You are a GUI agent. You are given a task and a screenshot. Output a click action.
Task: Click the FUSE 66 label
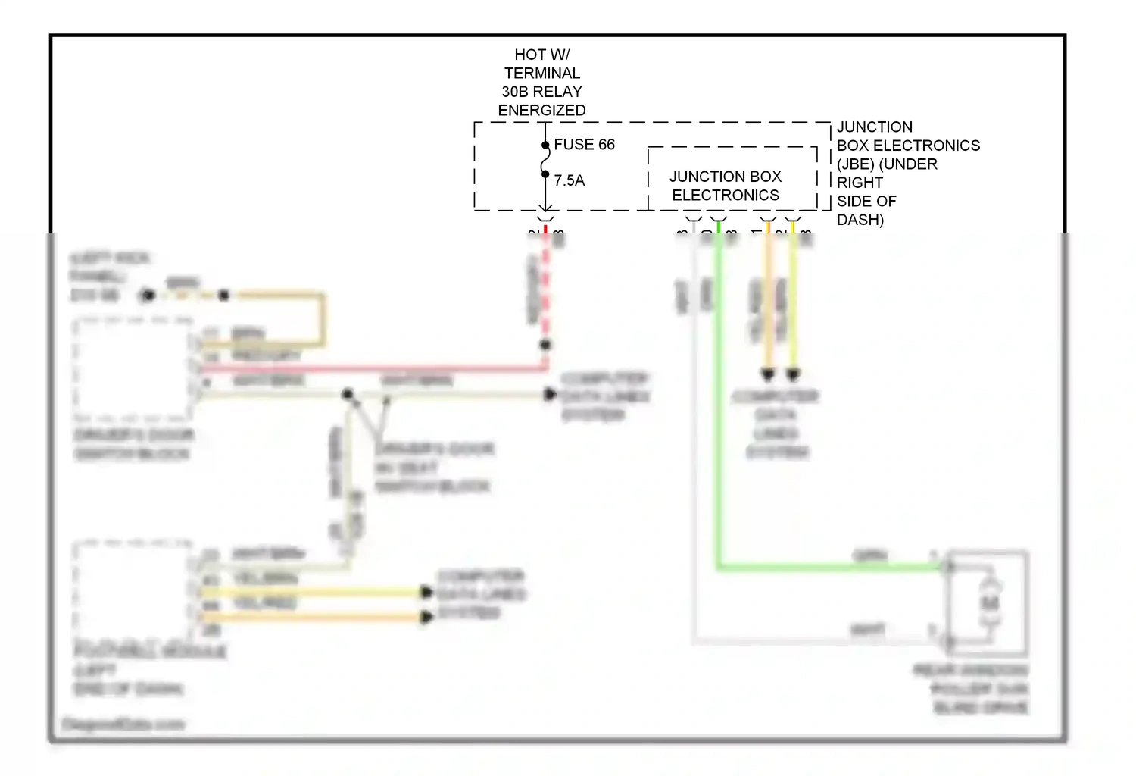pyautogui.click(x=584, y=145)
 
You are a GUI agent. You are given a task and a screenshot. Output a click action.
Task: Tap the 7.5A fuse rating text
pyautogui.click(x=569, y=181)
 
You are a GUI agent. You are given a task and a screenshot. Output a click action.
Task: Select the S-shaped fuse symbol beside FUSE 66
pyautogui.click(x=545, y=160)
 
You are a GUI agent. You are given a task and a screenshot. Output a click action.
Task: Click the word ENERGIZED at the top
pyautogui.click(x=541, y=111)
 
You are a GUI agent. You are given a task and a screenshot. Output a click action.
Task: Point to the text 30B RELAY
pyautogui.click(x=541, y=92)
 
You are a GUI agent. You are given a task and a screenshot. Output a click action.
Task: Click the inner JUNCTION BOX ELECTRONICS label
pyautogui.click(x=726, y=186)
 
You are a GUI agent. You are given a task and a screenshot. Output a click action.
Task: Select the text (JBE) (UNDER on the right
pyautogui.click(x=887, y=164)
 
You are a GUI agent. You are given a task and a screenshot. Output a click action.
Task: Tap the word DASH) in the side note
pyautogui.click(x=860, y=220)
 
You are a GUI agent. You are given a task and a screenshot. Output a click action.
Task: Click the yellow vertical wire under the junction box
pyautogui.click(x=793, y=303)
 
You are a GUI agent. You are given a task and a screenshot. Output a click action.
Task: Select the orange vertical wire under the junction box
pyautogui.click(x=768, y=303)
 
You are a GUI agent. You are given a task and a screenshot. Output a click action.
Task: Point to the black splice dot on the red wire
pyautogui.click(x=545, y=345)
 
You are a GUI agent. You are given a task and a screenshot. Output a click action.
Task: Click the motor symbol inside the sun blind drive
pyautogui.click(x=989, y=602)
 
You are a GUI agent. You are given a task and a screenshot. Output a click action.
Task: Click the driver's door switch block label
pyautogui.click(x=134, y=444)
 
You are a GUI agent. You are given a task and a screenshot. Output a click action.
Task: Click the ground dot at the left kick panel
pyautogui.click(x=148, y=296)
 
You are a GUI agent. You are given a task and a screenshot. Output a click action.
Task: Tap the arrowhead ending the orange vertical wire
pyautogui.click(x=768, y=374)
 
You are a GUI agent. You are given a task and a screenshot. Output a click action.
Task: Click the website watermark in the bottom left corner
pyautogui.click(x=123, y=724)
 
